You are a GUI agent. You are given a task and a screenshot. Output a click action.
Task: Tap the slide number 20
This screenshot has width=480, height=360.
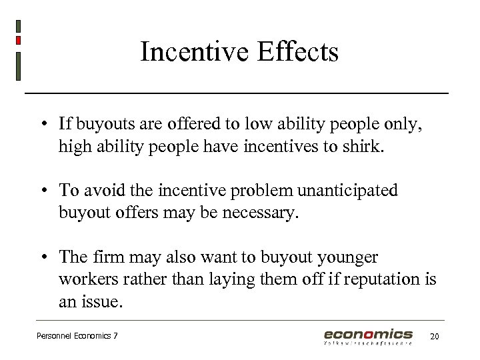tap(434, 336)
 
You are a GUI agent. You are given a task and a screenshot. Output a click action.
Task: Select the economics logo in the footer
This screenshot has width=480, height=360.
tap(368, 335)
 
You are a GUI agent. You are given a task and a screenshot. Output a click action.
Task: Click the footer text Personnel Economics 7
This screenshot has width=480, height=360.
tap(77, 336)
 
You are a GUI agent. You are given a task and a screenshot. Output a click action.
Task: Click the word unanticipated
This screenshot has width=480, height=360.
tap(347, 190)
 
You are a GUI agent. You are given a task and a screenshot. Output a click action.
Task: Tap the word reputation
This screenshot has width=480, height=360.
tap(377, 279)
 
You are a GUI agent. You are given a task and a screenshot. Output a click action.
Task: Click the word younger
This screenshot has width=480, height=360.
tap(349, 257)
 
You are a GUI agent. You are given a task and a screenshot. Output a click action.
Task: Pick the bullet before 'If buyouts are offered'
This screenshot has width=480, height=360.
tap(42, 124)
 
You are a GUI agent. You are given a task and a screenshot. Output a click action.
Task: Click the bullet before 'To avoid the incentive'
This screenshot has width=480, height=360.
tap(42, 191)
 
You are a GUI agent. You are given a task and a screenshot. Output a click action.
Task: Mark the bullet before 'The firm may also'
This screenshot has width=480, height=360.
tap(42, 257)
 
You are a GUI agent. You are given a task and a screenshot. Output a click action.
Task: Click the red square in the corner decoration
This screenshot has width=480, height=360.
tap(18, 41)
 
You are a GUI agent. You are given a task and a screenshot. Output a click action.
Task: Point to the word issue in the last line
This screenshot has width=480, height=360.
tap(101, 302)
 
